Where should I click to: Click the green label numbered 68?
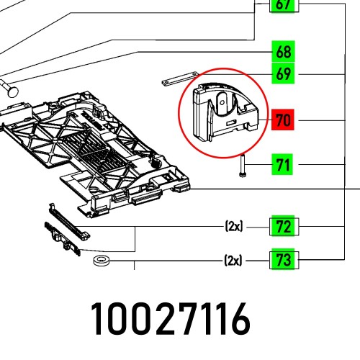[282, 52]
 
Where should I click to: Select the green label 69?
[282, 74]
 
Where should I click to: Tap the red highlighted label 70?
[282, 120]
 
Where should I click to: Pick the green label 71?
[282, 166]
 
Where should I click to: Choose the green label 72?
[282, 228]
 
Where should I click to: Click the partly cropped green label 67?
[282, 6]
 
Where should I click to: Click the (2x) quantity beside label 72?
[233, 228]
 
